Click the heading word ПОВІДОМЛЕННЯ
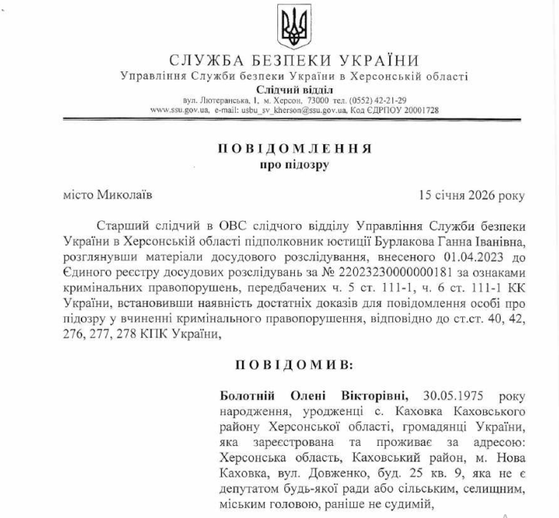click(295, 148)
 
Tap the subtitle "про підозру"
click(295, 164)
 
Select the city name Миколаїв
click(122, 195)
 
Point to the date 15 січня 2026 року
click(471, 195)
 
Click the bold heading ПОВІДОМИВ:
click(295, 362)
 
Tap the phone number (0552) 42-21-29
click(378, 101)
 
